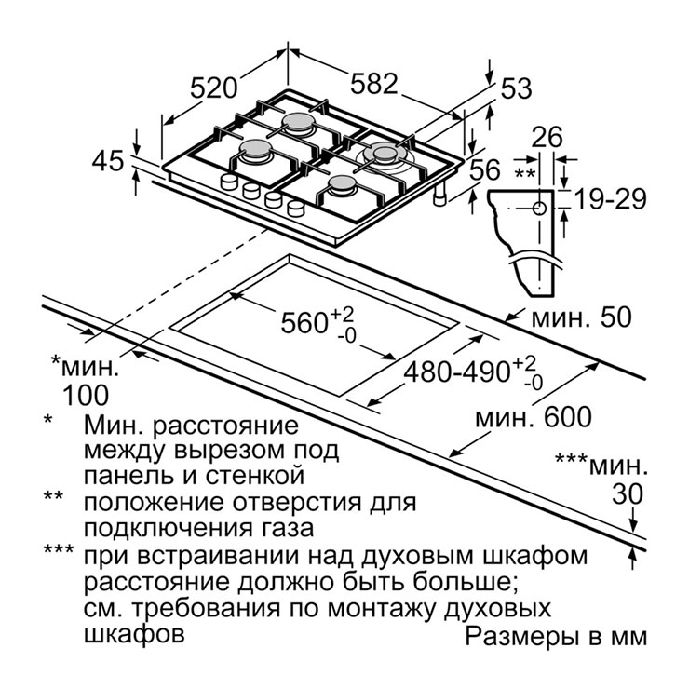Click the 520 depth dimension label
(213, 88)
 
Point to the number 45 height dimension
(108, 161)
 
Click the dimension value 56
(485, 169)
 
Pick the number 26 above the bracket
(547, 137)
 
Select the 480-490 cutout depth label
(456, 372)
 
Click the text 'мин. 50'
(581, 317)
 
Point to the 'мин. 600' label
(534, 416)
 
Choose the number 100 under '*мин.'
(86, 395)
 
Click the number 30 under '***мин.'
(628, 493)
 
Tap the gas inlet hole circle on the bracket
(540, 208)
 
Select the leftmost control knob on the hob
(229, 181)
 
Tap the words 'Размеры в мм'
(556, 637)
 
